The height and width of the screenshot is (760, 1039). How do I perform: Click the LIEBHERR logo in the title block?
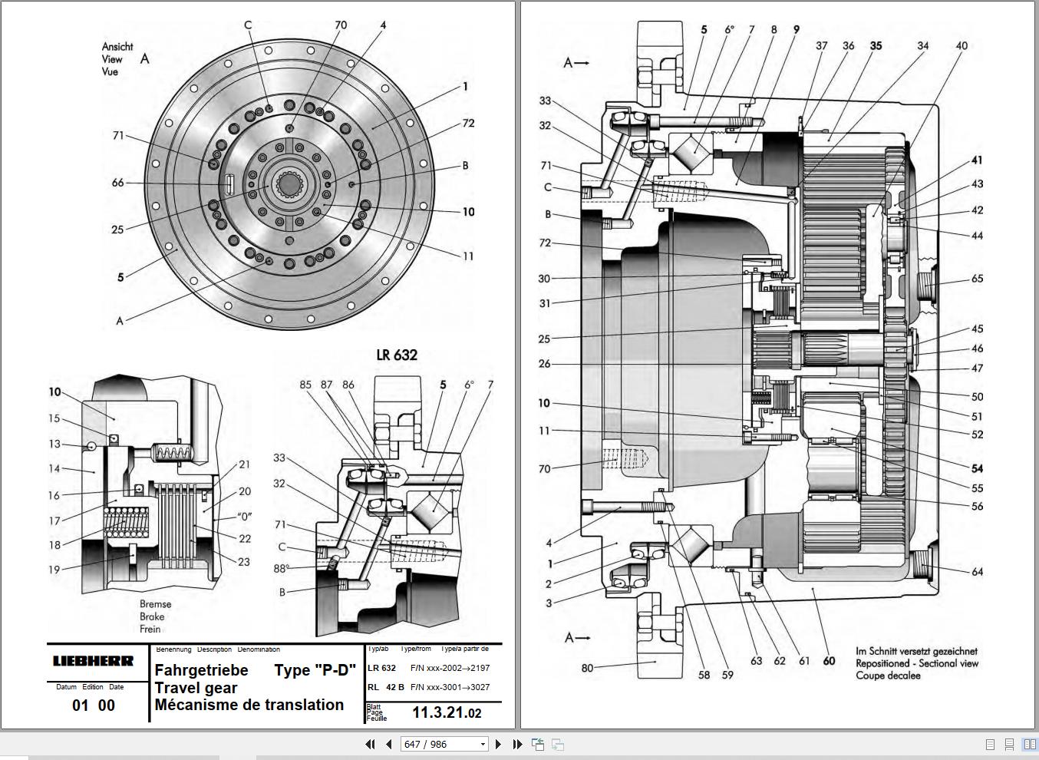point(93,661)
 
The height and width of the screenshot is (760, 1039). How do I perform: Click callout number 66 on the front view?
point(117,183)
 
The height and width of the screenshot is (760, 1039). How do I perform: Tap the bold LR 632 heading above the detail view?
point(397,355)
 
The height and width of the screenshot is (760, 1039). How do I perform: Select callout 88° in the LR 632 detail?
point(281,568)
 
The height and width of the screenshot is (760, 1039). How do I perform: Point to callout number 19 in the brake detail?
point(54,570)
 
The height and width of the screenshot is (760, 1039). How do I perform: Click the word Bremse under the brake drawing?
point(155,604)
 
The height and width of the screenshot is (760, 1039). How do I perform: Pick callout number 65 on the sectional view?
point(977,279)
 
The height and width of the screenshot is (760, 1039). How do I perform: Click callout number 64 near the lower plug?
point(977,571)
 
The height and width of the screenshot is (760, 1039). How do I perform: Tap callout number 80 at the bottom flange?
point(587,668)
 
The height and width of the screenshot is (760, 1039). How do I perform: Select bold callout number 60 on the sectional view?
point(829,660)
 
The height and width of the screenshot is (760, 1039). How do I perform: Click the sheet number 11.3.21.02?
point(447,712)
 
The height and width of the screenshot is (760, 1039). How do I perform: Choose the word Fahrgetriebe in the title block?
point(202,669)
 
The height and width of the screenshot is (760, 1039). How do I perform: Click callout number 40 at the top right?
point(961,46)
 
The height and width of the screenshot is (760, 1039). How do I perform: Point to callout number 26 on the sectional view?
point(544,364)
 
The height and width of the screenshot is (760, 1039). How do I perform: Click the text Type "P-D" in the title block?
point(315,669)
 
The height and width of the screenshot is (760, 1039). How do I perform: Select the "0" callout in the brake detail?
point(244,517)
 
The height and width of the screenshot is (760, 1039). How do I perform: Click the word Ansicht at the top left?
point(117,47)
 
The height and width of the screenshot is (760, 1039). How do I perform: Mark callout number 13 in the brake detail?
point(54,444)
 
